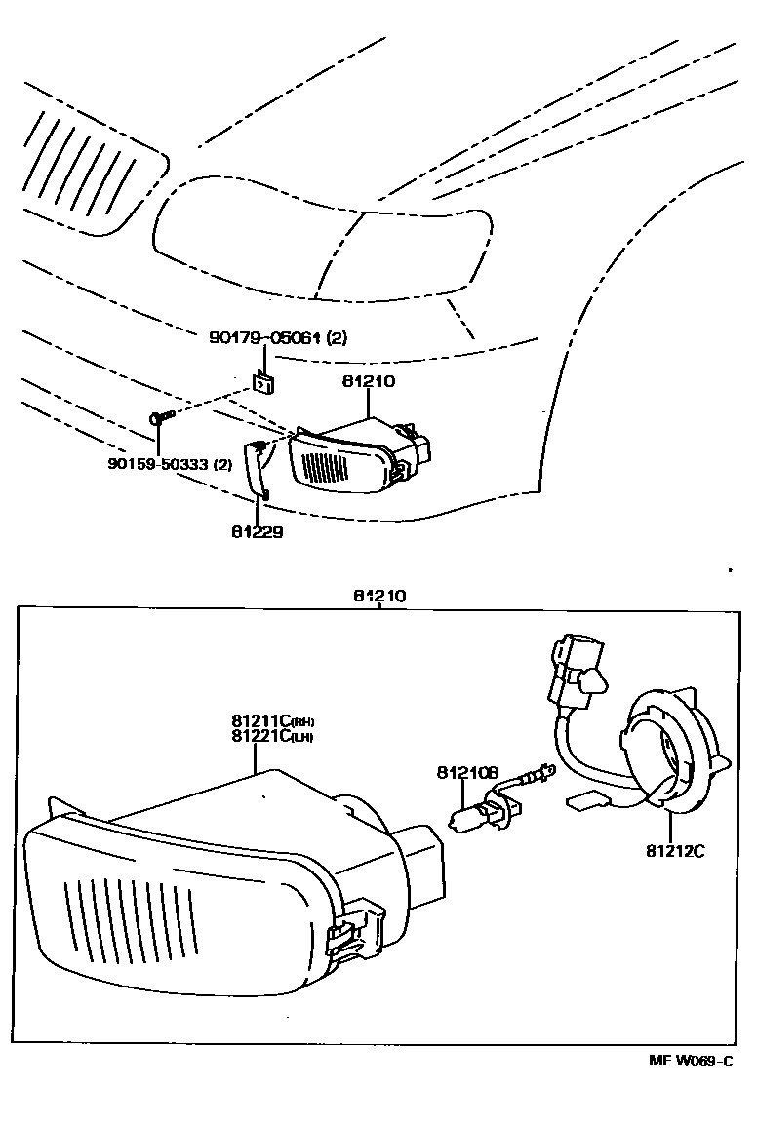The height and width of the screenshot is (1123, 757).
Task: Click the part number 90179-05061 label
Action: pyautogui.click(x=278, y=338)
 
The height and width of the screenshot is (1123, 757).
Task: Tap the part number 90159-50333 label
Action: pyautogui.click(x=170, y=464)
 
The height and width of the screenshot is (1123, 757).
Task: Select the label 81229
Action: pyautogui.click(x=258, y=532)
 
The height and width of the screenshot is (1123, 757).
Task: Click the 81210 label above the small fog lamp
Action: pyautogui.click(x=368, y=381)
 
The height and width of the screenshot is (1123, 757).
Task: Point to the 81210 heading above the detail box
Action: pyautogui.click(x=379, y=595)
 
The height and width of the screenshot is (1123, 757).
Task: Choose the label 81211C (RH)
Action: pyautogui.click(x=272, y=721)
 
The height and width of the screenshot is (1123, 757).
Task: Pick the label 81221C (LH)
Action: pyautogui.click(x=272, y=736)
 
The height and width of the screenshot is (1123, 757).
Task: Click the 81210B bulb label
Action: pyautogui.click(x=467, y=773)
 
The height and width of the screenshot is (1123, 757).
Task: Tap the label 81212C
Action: pyautogui.click(x=674, y=850)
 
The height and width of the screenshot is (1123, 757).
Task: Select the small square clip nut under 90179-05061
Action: pyautogui.click(x=261, y=381)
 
